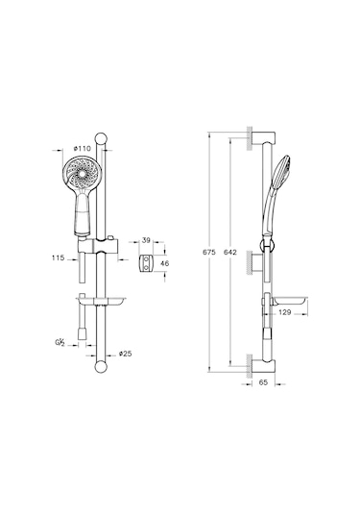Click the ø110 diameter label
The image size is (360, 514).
(83, 149)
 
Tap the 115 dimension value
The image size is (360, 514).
(58, 258)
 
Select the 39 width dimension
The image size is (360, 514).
(146, 240)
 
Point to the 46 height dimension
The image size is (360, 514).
(165, 263)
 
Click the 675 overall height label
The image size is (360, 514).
(209, 252)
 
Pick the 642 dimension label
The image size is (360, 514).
(230, 252)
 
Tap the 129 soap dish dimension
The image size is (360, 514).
(285, 312)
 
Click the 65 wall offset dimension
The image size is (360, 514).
(263, 382)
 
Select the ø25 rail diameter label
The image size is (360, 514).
(125, 354)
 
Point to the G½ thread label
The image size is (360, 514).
(60, 343)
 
